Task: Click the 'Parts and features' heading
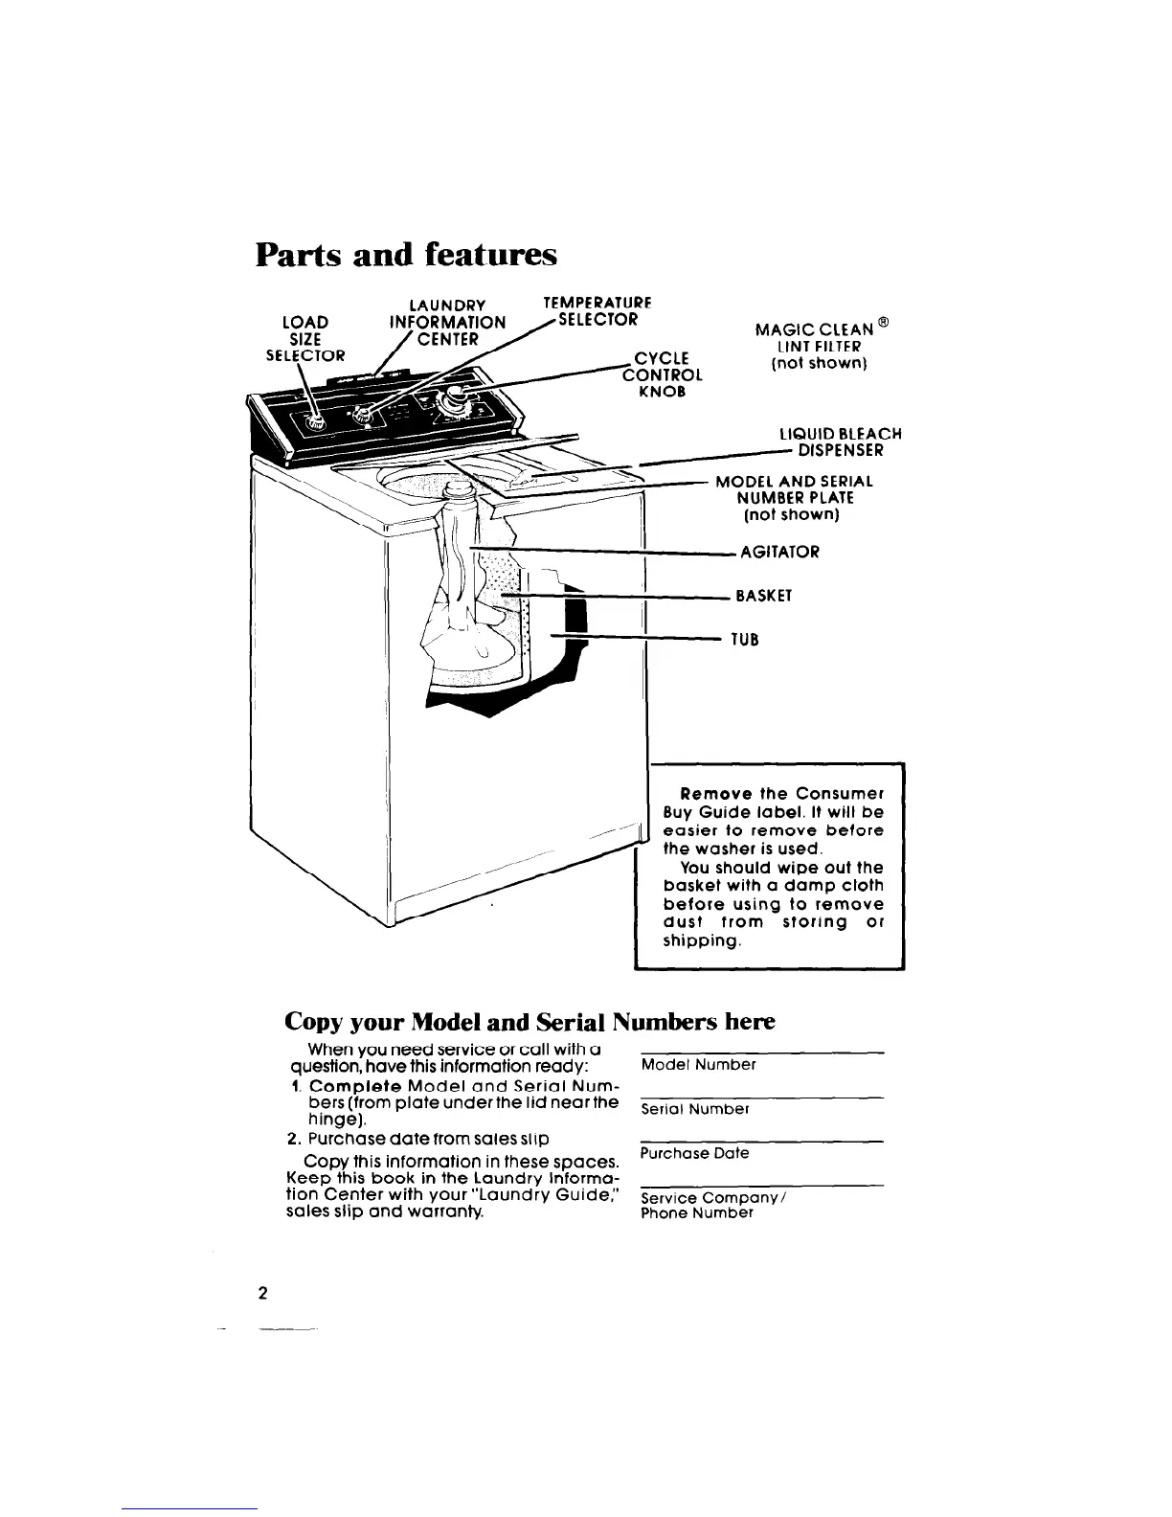[405, 255]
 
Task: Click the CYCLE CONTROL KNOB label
[663, 374]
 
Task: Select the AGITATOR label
[779, 552]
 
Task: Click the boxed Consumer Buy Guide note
[774, 867]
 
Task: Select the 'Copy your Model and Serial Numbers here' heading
[530, 1021]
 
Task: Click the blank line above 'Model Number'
[760, 1053]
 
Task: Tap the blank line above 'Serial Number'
[760, 1097]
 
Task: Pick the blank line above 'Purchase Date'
[760, 1141]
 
